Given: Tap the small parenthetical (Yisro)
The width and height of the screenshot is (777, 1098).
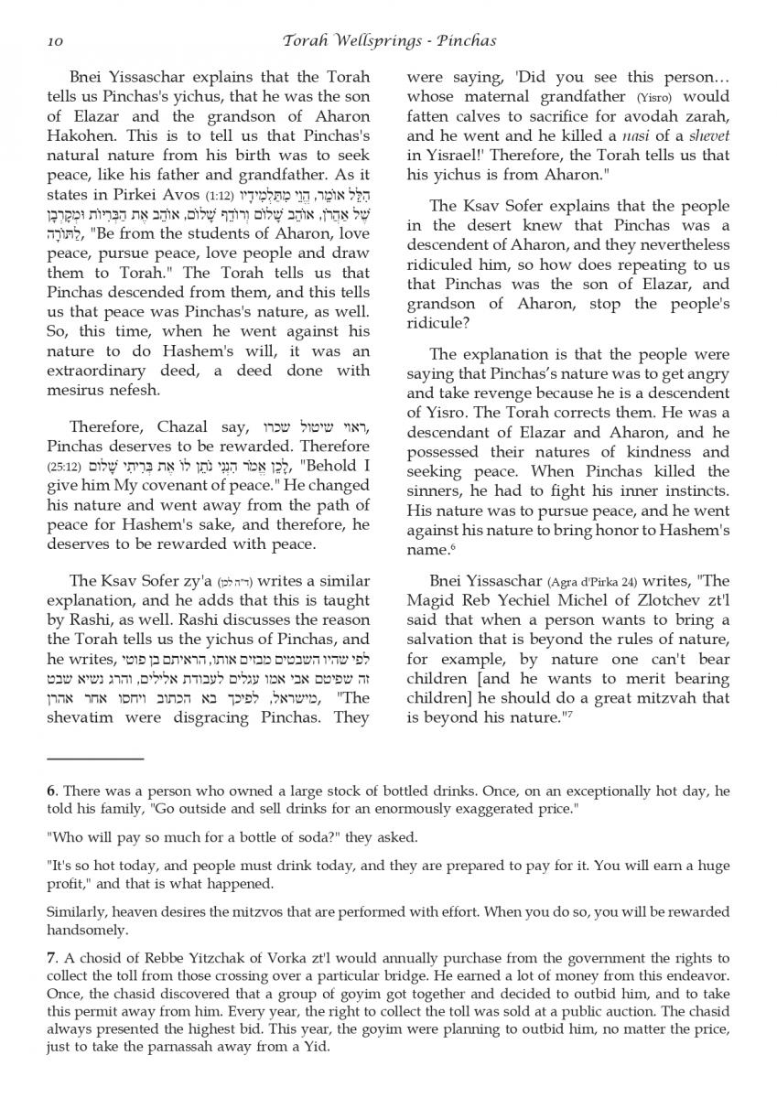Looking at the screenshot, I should [x=654, y=97].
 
